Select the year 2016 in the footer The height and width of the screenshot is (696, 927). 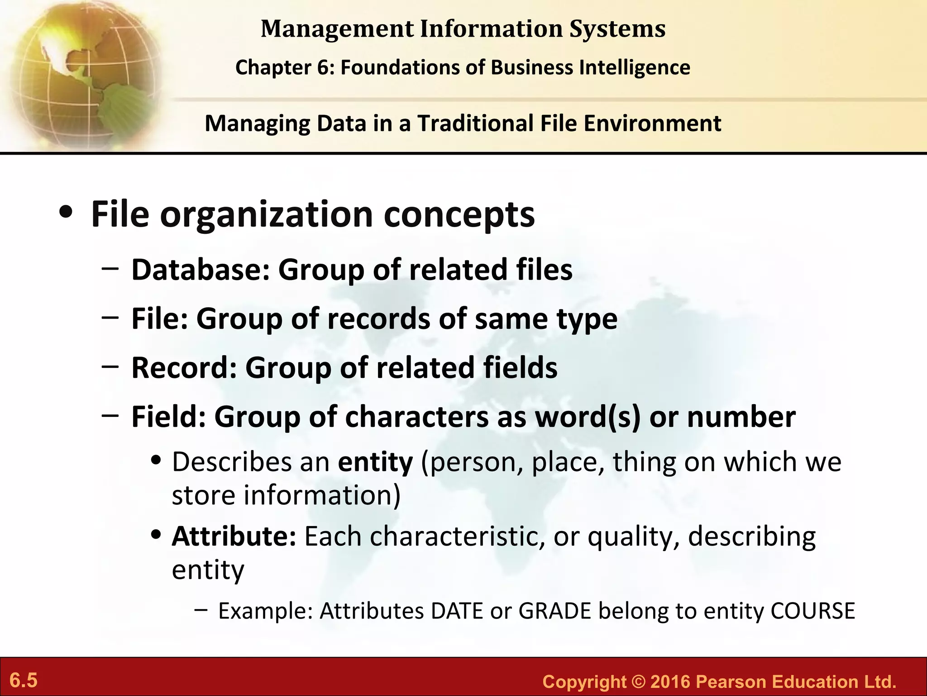click(x=670, y=681)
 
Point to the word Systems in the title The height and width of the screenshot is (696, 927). click(x=617, y=29)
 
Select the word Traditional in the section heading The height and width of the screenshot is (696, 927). click(x=475, y=123)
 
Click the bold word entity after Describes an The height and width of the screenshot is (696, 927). click(x=375, y=462)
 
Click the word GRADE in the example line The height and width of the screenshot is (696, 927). click(x=555, y=611)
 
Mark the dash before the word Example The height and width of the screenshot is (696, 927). click(x=201, y=609)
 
